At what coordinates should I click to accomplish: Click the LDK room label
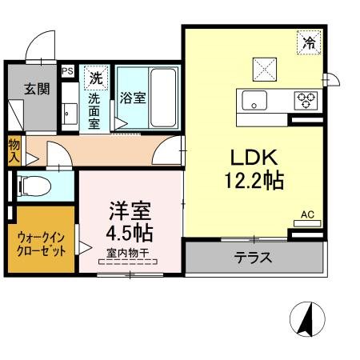(x=254, y=157)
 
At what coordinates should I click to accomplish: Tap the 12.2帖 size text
(x=254, y=181)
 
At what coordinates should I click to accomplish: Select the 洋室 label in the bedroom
(x=130, y=211)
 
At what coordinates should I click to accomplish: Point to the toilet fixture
(x=34, y=186)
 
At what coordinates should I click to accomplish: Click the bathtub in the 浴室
(x=163, y=98)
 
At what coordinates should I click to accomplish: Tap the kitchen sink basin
(x=254, y=100)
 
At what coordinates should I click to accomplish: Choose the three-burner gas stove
(x=306, y=101)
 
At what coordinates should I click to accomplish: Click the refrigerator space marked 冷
(x=309, y=42)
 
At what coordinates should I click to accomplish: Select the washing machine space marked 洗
(x=96, y=78)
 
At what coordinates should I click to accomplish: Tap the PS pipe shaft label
(x=67, y=71)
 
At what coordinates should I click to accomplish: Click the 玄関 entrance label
(x=37, y=89)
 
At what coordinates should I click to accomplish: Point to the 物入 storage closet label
(x=14, y=151)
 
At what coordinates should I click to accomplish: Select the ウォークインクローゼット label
(x=41, y=244)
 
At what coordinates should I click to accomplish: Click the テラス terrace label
(x=253, y=258)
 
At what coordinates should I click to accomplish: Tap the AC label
(x=307, y=214)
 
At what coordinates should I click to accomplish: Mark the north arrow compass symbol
(x=307, y=319)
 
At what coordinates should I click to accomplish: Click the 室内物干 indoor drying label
(x=127, y=253)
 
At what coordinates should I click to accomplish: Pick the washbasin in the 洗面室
(x=70, y=114)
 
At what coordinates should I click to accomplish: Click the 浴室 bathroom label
(x=133, y=98)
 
